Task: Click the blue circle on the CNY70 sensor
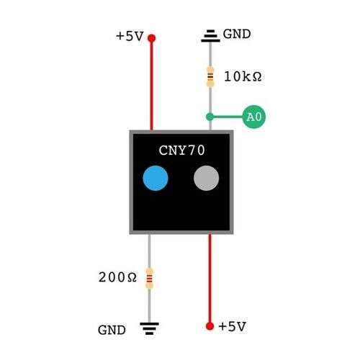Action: point(156,178)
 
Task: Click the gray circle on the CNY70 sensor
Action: point(206,178)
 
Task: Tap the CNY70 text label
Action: point(181,150)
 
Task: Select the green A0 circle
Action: point(254,117)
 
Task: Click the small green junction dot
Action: point(210,117)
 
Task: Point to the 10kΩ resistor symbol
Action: point(210,77)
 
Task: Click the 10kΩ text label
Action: point(243,76)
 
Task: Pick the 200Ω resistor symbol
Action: point(149,279)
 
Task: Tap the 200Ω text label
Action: point(117,277)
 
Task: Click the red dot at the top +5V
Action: point(151,38)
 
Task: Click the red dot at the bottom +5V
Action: point(210,326)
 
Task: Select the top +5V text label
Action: point(130,36)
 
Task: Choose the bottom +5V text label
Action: point(232,326)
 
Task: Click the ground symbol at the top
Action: point(210,36)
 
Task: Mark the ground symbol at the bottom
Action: point(149,328)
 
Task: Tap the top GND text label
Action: point(237,34)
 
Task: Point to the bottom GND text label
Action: point(112,330)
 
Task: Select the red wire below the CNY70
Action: point(210,279)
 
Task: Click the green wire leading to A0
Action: point(228,117)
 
